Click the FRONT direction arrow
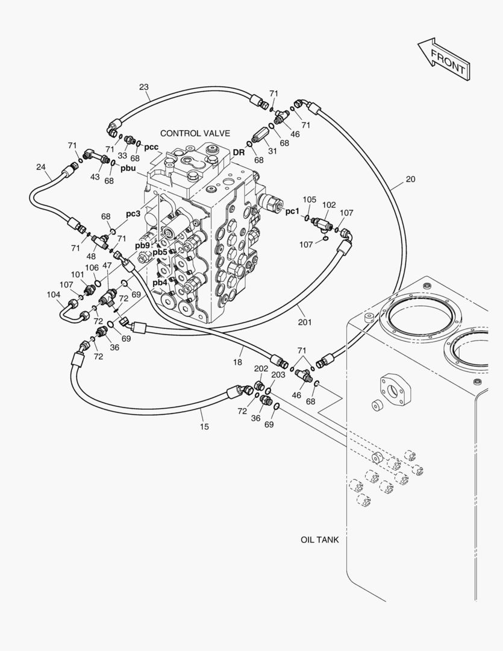click(x=444, y=59)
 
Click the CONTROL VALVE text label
click(x=195, y=133)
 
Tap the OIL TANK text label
click(x=319, y=539)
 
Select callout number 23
click(x=143, y=87)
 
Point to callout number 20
click(x=410, y=180)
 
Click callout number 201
click(x=305, y=322)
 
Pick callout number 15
click(x=204, y=427)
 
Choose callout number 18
click(x=237, y=362)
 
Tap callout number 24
click(x=41, y=168)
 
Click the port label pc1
click(x=292, y=212)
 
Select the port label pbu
click(x=128, y=169)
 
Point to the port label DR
click(x=239, y=153)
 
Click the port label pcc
click(x=151, y=147)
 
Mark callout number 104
click(x=53, y=295)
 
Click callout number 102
click(x=329, y=205)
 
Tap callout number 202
click(x=261, y=369)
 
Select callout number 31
click(x=272, y=151)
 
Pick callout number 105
click(x=309, y=200)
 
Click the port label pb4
click(x=160, y=283)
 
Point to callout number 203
click(x=278, y=374)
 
